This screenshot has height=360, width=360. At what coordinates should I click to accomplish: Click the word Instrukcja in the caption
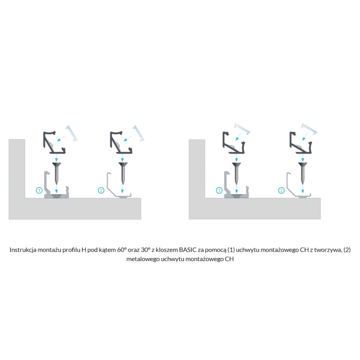23,250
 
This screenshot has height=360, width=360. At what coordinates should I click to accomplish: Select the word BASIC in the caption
188,250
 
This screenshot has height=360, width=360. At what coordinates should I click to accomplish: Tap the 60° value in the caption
122,250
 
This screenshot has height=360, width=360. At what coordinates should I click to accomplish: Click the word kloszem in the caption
167,250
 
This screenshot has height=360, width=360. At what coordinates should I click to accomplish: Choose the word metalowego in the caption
143,259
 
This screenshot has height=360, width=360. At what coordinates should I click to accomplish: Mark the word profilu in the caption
71,250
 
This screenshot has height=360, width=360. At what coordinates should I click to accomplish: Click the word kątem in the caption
107,250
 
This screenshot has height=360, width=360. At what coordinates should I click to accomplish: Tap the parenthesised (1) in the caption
231,250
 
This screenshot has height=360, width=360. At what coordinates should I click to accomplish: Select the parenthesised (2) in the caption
347,250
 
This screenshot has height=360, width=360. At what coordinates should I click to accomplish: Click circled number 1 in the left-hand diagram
39,190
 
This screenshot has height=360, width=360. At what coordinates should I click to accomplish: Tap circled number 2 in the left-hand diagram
101,190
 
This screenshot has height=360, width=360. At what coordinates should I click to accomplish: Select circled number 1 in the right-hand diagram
219,190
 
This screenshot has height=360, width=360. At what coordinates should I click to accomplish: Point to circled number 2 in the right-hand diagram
281,190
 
